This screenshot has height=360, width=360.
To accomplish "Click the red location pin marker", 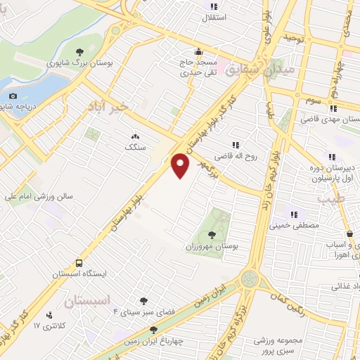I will pos(181,166).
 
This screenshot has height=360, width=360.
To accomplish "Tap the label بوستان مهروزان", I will pos(213,247).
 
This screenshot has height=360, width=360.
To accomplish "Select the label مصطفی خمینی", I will pos(295,226).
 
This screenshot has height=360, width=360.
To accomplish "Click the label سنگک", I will pos(134,148).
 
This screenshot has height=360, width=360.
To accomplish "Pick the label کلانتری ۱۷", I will pos(49,326).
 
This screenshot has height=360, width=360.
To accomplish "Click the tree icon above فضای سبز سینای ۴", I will pos(144,301).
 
